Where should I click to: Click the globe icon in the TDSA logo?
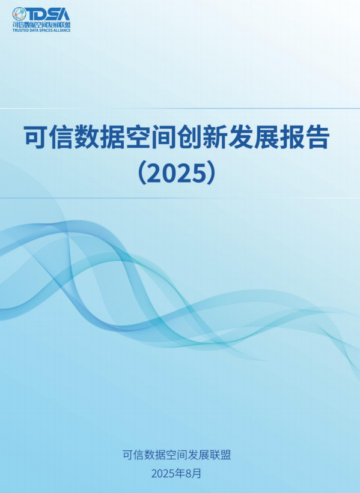[19, 14]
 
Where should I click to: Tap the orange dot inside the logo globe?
[16, 14]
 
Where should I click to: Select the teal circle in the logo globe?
[23, 11]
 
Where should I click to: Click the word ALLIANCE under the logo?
[63, 31]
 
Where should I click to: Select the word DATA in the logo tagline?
[33, 31]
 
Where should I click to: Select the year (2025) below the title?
[177, 173]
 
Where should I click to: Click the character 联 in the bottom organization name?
[215, 455]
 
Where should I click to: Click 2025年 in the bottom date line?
[169, 474]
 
